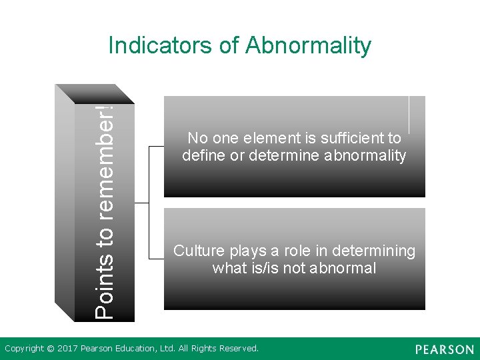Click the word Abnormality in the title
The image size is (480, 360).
[x=308, y=46]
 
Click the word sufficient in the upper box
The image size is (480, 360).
[x=346, y=139]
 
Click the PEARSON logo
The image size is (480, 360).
[x=444, y=349]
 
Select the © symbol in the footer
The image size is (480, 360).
[x=49, y=348]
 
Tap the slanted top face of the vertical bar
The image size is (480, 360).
[x=93, y=93]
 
